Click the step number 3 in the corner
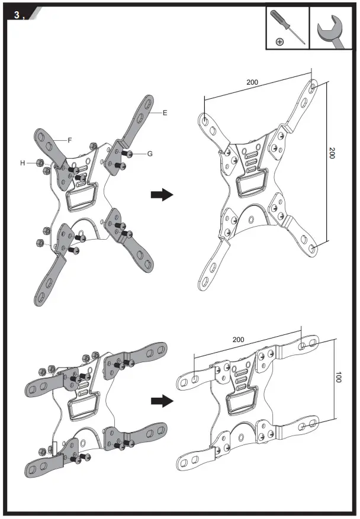click(x=16, y=15)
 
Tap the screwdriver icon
click(x=288, y=27)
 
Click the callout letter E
click(x=165, y=112)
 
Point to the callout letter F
click(x=70, y=140)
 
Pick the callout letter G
click(x=150, y=153)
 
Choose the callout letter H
click(x=23, y=162)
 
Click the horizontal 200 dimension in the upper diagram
click(x=253, y=82)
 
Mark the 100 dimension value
click(x=338, y=378)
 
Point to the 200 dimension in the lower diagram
click(x=239, y=340)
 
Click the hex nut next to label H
click(x=38, y=163)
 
